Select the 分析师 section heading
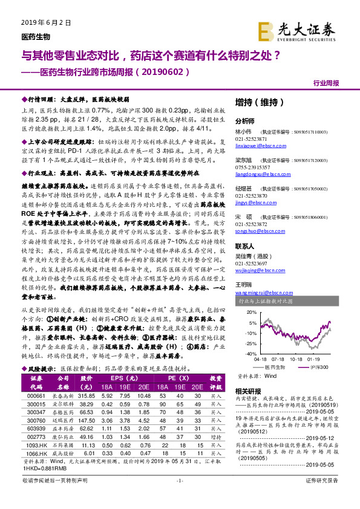(244, 120)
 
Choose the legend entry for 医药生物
(274, 366)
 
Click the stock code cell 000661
(35, 395)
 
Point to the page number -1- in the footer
(179, 497)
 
